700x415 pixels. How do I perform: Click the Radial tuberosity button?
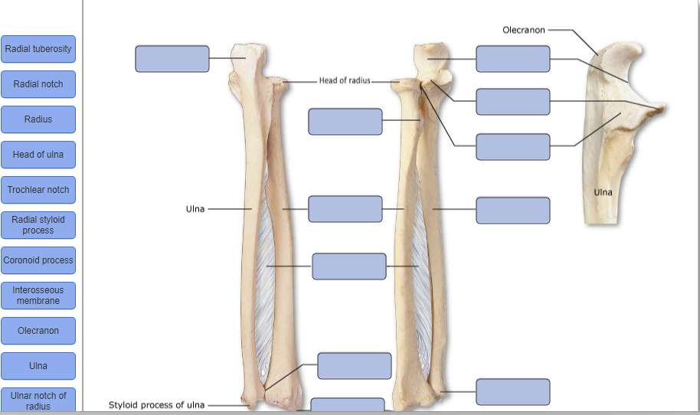pos(38,49)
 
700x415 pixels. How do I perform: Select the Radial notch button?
pos(38,84)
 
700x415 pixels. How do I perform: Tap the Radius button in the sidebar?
pos(38,119)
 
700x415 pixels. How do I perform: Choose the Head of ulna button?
pos(38,155)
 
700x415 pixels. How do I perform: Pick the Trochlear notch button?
pos(38,190)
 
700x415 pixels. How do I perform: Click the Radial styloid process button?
pos(38,225)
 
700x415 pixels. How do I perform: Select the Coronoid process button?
pos(38,260)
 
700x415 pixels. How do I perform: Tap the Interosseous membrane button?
pos(38,296)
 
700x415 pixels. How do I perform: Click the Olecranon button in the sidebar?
pos(38,331)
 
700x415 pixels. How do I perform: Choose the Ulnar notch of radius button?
pos(38,400)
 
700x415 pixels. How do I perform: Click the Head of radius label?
pos(345,81)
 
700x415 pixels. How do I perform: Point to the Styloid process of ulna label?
pos(156,405)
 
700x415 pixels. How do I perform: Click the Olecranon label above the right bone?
pos(524,30)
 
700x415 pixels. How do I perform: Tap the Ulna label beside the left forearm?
pos(195,208)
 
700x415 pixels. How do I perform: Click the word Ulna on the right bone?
pos(603,192)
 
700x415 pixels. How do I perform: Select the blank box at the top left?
pos(172,59)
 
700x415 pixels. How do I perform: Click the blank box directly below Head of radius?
pos(345,122)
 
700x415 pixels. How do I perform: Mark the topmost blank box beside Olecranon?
pos(513,59)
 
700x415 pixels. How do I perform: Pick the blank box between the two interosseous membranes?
pos(349,266)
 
